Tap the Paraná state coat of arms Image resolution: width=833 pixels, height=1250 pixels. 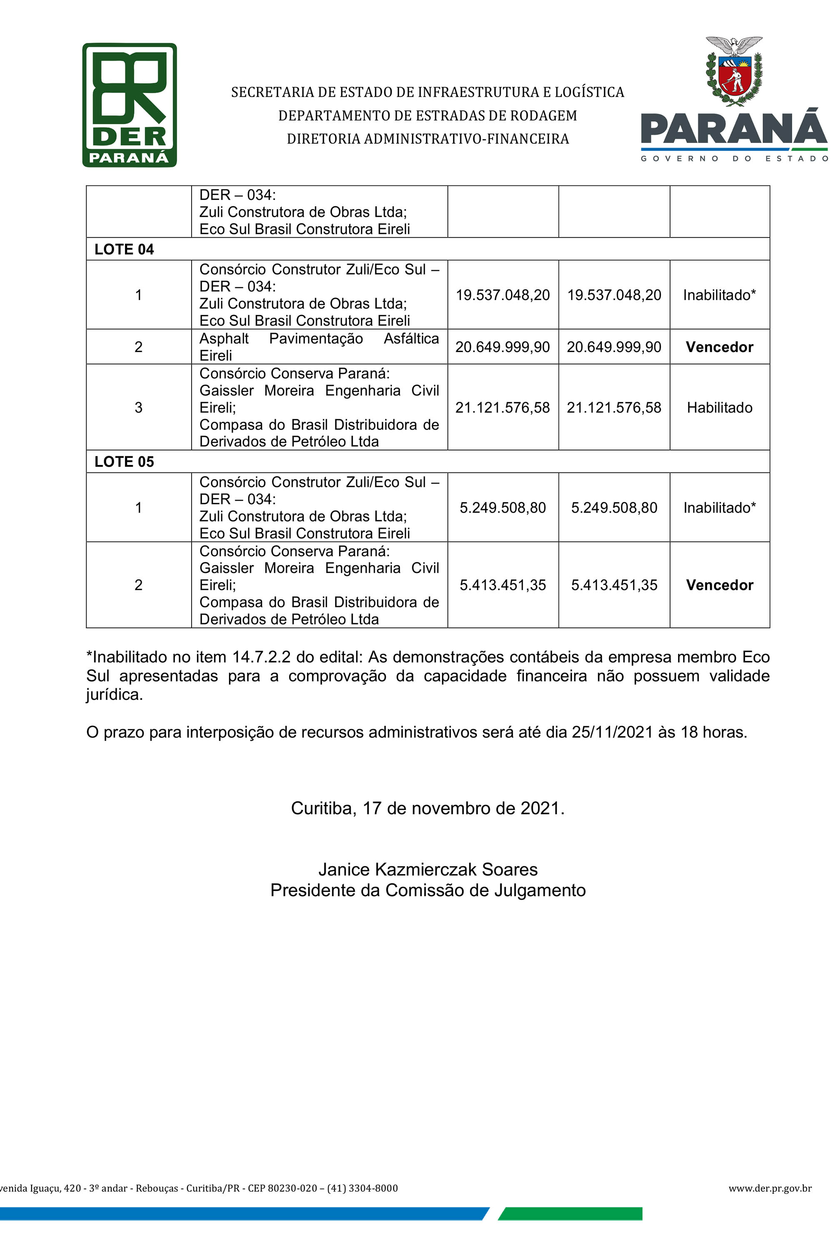pyautogui.click(x=734, y=71)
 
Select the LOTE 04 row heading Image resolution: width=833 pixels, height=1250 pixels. pyautogui.click(x=124, y=249)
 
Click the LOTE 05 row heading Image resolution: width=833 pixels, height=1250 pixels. pyautogui.click(x=124, y=462)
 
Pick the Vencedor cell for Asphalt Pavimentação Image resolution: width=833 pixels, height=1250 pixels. pyautogui.click(x=719, y=347)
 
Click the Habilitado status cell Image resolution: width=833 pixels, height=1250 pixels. pyautogui.click(x=719, y=407)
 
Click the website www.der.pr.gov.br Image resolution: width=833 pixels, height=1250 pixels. pyautogui.click(x=770, y=1188)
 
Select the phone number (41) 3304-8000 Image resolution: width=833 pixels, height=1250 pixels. pyautogui.click(x=362, y=1188)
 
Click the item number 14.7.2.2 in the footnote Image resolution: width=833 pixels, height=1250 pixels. pyautogui.click(x=262, y=657)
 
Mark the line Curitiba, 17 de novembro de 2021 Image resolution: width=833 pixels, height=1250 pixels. pyautogui.click(x=428, y=808)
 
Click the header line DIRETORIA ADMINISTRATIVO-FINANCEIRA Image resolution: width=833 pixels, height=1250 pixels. pyautogui.click(x=428, y=139)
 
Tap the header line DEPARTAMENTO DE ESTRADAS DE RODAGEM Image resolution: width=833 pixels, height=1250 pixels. pyautogui.click(x=428, y=116)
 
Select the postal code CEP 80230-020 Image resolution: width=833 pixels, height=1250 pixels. pyautogui.click(x=282, y=1188)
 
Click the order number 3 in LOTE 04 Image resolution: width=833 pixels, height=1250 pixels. pyautogui.click(x=139, y=407)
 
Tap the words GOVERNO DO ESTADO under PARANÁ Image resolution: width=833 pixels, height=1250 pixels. pyautogui.click(x=734, y=158)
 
